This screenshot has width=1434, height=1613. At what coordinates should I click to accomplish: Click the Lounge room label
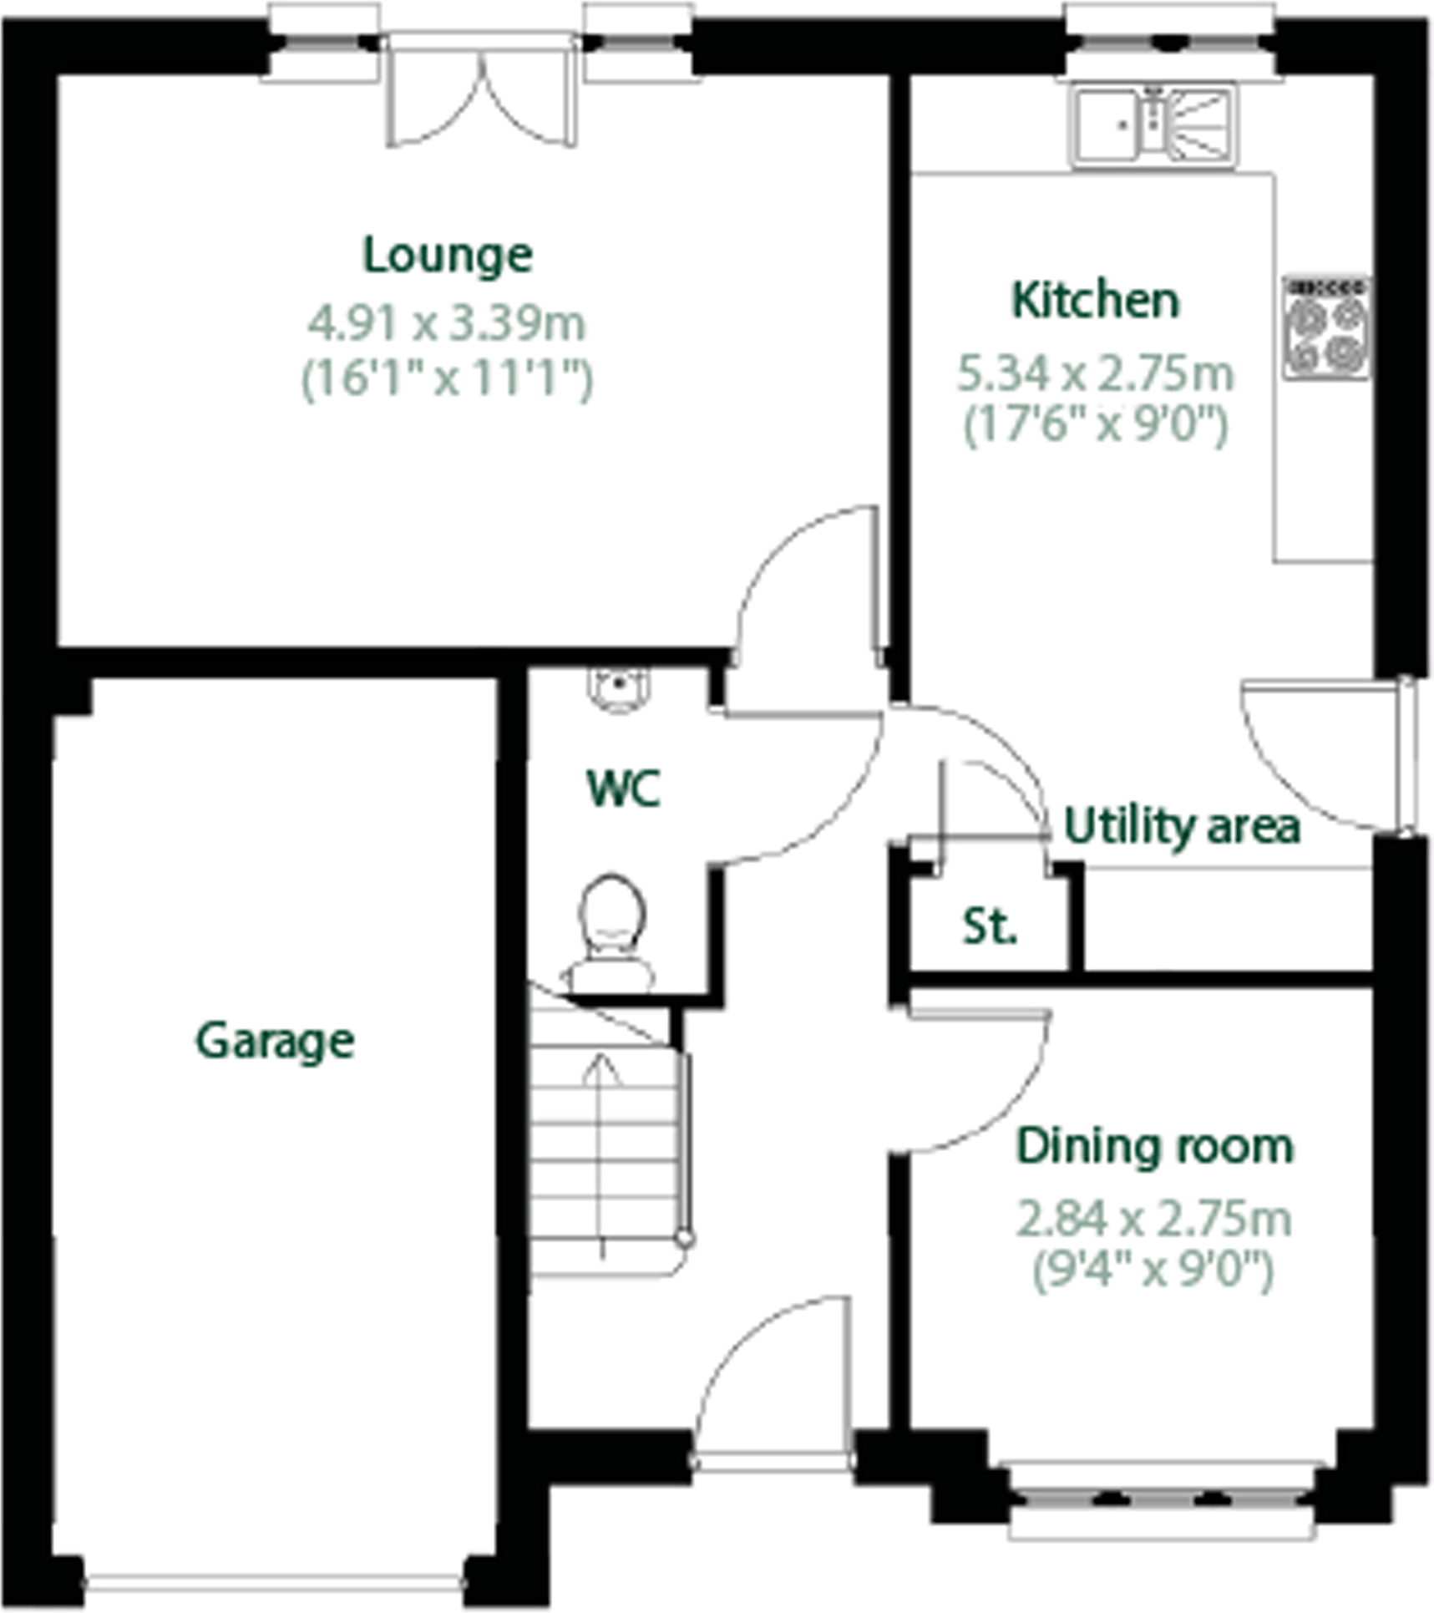pos(448,256)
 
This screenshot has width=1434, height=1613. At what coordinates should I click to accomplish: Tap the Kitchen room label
pos(1095,301)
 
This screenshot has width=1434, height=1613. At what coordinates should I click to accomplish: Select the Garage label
pos(275,1042)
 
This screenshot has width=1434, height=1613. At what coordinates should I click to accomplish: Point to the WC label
pos(624,789)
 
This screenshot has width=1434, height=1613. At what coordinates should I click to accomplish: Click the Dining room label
pos(1154,1146)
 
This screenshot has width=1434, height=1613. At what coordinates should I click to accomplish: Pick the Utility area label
pos(1182,826)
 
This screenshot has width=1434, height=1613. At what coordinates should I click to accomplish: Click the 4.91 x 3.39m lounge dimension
pos(447,323)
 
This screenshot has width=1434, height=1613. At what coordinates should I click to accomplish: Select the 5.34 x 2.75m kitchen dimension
pos(1095,373)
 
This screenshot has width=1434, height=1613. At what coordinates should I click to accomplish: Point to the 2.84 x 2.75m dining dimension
pos(1154,1219)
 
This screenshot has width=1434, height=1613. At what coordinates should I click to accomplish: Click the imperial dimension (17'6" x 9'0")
pos(1095,425)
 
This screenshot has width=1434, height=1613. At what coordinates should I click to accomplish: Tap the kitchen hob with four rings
pos(1327,328)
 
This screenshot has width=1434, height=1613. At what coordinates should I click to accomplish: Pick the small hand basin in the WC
pos(619,689)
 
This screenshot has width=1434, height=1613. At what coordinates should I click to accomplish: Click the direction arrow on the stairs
pos(601,1153)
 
